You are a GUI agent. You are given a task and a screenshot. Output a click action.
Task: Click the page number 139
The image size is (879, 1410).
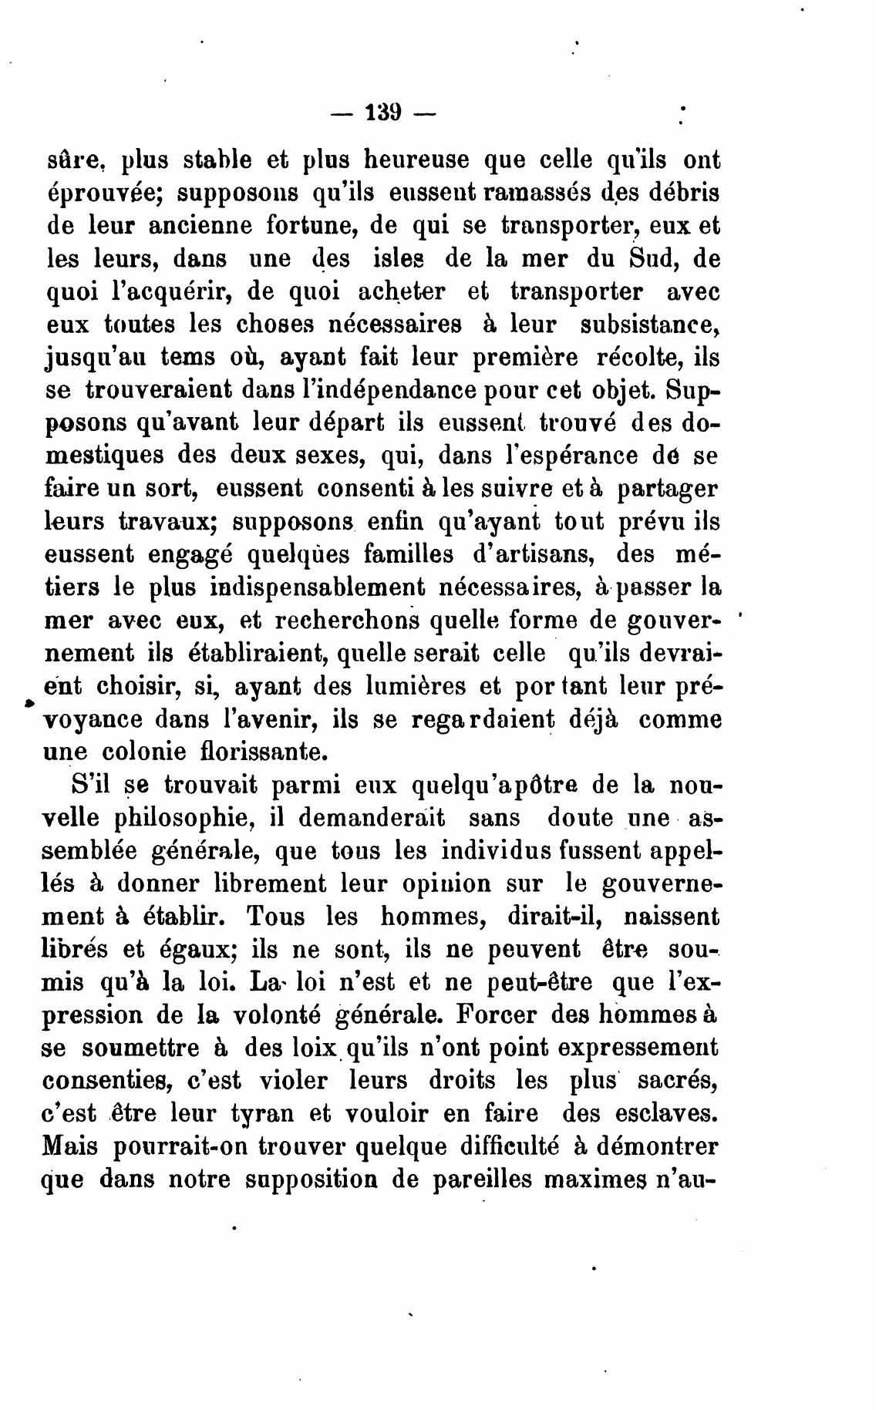click(382, 113)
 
